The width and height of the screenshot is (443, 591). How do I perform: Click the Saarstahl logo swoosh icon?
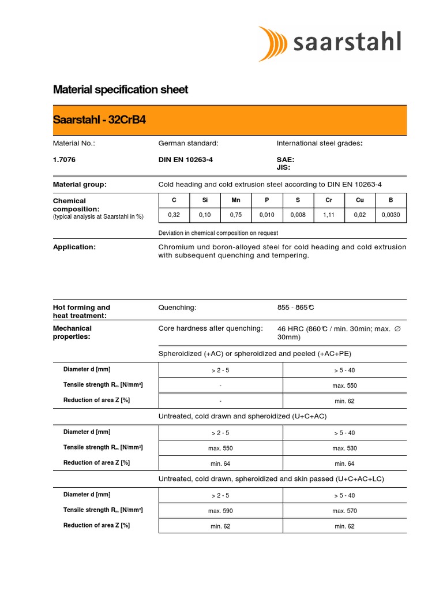273,43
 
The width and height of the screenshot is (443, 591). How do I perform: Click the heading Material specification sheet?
121,90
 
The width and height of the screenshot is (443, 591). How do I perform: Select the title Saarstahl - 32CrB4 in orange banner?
99,121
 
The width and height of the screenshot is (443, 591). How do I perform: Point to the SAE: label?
286,160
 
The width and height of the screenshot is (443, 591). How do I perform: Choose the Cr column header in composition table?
329,200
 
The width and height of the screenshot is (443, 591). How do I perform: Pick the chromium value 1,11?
329,215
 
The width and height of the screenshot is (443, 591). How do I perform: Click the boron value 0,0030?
391,215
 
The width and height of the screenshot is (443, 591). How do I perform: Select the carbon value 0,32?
174,215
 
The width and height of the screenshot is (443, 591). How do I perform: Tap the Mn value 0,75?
235,215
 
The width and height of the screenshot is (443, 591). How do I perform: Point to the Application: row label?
74,247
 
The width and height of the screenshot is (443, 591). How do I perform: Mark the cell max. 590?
220,511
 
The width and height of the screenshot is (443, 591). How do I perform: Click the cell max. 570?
344,511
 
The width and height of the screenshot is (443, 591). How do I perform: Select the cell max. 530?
344,448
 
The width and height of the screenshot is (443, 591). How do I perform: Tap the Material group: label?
80,185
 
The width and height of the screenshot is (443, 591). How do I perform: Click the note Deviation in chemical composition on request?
218,233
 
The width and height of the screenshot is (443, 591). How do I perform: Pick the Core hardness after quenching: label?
211,328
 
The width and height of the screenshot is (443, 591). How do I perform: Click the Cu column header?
360,200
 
